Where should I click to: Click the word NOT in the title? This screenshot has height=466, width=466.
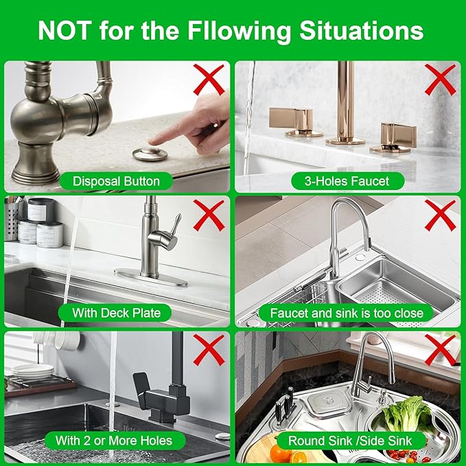[x=65, y=31]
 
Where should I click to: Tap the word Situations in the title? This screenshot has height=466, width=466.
[x=362, y=31]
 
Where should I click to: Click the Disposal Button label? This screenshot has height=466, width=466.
[x=116, y=181]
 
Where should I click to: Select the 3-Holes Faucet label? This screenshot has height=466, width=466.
[x=347, y=181]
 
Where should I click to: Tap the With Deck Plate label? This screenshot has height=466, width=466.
[x=116, y=313]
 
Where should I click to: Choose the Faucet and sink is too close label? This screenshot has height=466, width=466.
[x=347, y=313]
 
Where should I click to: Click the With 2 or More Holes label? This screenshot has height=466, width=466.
[x=114, y=441]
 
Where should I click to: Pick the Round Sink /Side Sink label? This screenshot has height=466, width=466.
[x=350, y=441]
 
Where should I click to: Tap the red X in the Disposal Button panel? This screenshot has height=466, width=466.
[x=209, y=80]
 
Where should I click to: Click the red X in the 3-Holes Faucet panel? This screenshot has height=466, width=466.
[x=440, y=80]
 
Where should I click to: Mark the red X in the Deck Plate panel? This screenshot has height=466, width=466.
[x=209, y=215]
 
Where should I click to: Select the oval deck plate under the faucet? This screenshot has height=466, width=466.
[x=151, y=278]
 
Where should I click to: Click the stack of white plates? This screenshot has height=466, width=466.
[x=33, y=371]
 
